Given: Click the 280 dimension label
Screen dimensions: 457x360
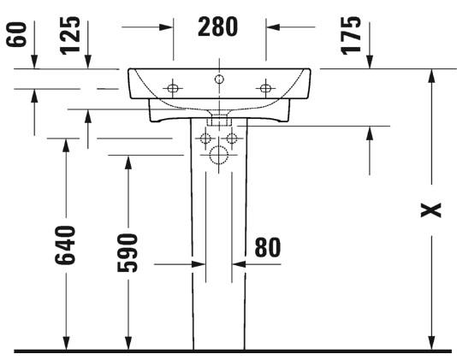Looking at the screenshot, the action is pyautogui.click(x=217, y=27).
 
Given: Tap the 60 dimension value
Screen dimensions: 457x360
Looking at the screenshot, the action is pyautogui.click(x=16, y=34).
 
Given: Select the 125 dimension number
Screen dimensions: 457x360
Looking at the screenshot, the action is pyautogui.click(x=70, y=36).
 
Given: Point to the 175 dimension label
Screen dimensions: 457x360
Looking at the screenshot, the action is pyautogui.click(x=351, y=36).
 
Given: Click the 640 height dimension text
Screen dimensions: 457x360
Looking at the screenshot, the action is pyautogui.click(x=65, y=245).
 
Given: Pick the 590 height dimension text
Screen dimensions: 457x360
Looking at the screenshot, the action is pyautogui.click(x=127, y=253).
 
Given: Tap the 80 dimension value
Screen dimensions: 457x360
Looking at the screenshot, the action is pyautogui.click(x=268, y=248).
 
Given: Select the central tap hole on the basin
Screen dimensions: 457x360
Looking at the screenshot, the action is pyautogui.click(x=219, y=79).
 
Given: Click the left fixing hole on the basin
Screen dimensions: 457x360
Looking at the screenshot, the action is pyautogui.click(x=173, y=88).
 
